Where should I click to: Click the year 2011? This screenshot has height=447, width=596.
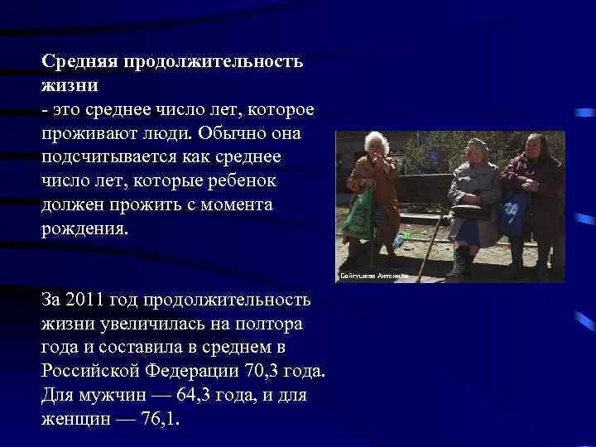coord(87,299)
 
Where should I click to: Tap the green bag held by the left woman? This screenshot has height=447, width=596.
coord(358,216)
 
